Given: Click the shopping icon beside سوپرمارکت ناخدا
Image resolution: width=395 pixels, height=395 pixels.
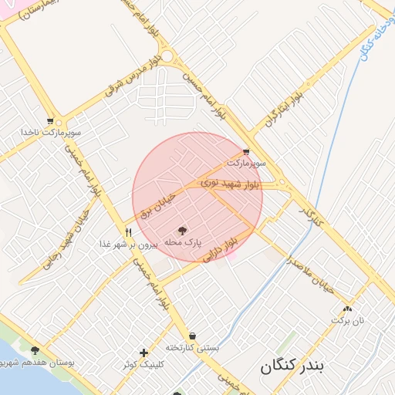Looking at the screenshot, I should [51, 121].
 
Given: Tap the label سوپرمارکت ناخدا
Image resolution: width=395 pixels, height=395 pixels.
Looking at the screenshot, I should [52, 133].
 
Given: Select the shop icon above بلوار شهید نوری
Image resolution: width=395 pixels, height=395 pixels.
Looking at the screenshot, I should [246, 152].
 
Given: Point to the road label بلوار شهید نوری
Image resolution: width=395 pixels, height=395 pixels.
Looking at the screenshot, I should [231, 184].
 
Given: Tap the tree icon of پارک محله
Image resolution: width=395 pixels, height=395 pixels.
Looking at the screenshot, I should [183, 230].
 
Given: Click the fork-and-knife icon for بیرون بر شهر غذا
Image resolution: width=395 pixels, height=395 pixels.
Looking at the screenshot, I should [129, 231].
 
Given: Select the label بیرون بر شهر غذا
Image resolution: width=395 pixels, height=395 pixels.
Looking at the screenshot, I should [128, 243].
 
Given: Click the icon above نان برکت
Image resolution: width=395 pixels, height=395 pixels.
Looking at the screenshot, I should [347, 308].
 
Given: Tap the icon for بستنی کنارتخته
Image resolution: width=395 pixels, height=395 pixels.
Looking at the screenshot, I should [191, 336].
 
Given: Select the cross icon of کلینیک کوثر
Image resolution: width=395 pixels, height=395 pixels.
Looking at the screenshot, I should [143, 353].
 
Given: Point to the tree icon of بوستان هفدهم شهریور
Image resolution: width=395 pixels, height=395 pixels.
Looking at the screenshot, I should [35, 350].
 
